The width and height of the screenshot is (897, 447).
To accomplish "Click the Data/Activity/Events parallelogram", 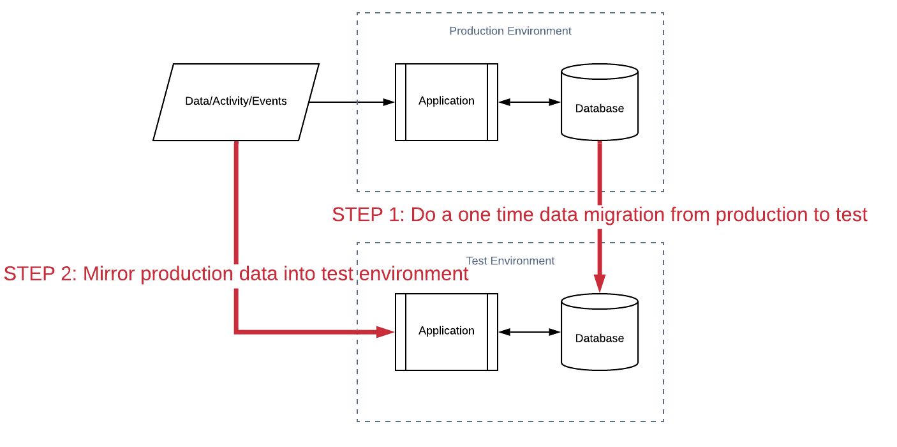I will [x=236, y=102].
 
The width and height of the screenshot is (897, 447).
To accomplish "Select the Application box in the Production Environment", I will [x=447, y=102].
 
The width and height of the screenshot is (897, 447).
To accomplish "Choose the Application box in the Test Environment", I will [x=447, y=331].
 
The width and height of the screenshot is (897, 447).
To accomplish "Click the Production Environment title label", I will [x=510, y=31].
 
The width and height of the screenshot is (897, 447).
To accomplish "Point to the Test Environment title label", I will [x=510, y=261].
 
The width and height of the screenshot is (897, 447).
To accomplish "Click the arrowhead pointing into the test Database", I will [x=600, y=283].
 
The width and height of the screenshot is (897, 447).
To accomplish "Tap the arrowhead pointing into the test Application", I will [x=385, y=331].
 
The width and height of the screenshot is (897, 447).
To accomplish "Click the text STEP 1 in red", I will [x=368, y=215].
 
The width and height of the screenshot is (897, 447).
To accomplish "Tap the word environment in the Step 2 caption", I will [x=413, y=274].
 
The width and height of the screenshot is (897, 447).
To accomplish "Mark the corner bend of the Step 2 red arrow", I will [x=236, y=331].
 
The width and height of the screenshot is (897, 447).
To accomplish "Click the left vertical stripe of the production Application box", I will [x=401, y=102].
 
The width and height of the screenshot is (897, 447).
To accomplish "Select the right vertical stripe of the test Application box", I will [x=492, y=331].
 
